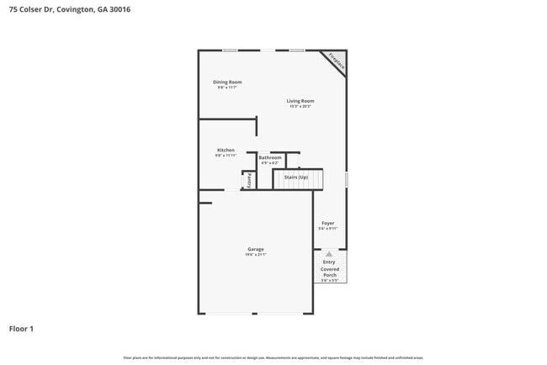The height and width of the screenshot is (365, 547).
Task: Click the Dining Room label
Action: (226, 82)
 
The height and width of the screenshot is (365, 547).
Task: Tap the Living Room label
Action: (300, 101)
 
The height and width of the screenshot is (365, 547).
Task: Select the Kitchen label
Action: (226, 150)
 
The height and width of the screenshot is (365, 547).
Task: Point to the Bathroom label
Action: (270, 157)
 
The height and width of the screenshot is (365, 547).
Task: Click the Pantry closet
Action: (249, 180)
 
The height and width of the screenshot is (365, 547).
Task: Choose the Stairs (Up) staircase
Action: (297, 178)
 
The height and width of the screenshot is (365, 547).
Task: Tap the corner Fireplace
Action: (336, 61)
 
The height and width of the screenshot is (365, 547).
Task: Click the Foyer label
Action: (328, 223)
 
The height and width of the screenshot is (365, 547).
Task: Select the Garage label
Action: (256, 249)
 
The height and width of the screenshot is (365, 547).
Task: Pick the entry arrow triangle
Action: (329, 253)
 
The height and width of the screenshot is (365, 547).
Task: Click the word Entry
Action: (329, 262)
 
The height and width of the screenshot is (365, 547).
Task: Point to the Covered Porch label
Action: (329, 272)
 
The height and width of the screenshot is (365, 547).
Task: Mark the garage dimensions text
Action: (256, 255)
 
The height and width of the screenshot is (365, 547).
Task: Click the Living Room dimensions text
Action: (300, 107)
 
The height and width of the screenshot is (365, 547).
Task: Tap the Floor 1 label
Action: (21, 328)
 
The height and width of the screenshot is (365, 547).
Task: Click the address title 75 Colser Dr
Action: (69, 9)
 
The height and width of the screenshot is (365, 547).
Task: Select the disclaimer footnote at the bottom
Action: (273, 357)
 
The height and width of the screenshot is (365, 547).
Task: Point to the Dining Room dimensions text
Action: (226, 87)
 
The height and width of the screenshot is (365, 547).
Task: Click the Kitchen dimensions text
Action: (226, 156)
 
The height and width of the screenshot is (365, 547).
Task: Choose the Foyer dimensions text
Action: (328, 229)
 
